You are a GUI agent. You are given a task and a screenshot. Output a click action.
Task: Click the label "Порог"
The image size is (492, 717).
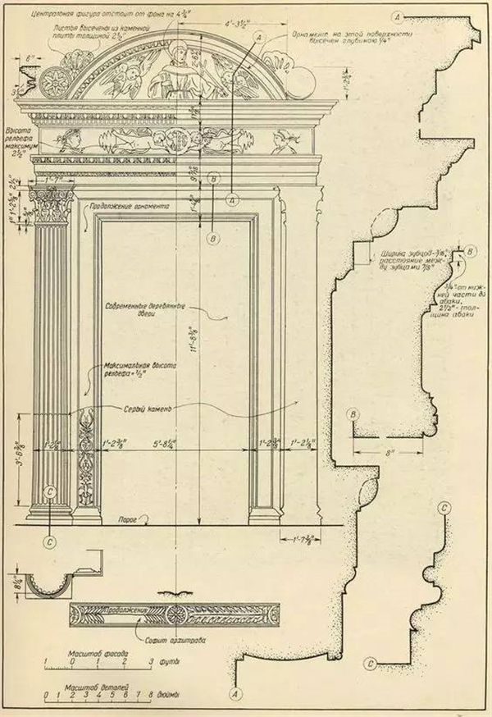[127, 518]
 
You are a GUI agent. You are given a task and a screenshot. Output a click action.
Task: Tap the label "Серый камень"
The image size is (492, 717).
[140, 409]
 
